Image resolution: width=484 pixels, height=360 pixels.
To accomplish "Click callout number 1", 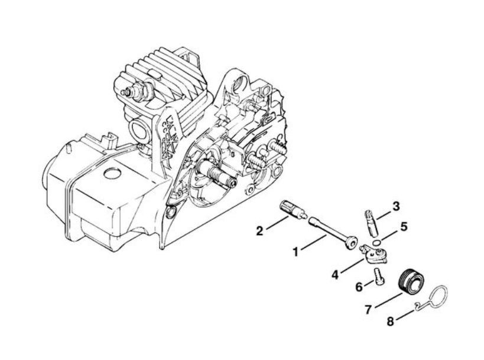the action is pos(295,252).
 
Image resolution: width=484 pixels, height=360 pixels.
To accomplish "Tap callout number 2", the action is pos(259,231).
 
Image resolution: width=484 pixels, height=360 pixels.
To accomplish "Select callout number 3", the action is pos(396,206).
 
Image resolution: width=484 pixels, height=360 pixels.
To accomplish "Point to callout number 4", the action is pos(336,274).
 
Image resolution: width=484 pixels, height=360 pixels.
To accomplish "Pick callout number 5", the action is pos(404,227).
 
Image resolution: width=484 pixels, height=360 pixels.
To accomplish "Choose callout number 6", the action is pos(359,287).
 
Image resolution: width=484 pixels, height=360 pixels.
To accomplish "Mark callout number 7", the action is pos(368,309).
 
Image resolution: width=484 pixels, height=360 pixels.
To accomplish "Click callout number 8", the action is pos(391,322).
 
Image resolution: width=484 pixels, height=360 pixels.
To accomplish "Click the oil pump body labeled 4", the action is pos(373,254).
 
